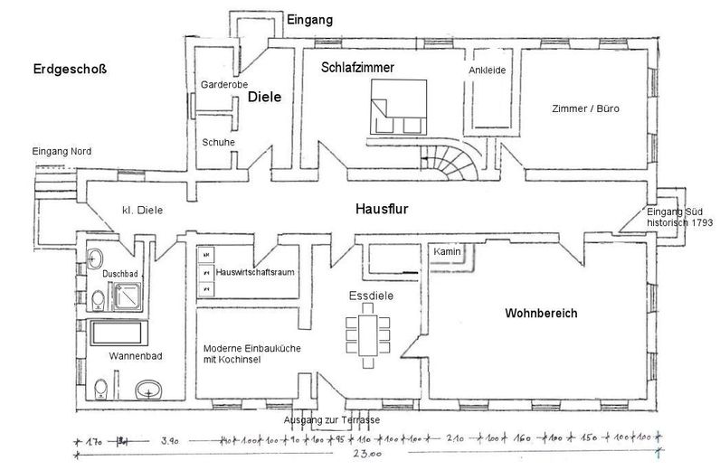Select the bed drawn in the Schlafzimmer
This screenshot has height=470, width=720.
click(x=397, y=106)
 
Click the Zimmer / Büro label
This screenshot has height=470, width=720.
click(x=585, y=109)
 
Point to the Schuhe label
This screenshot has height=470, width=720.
click(x=218, y=142)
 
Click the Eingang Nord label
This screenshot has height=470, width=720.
click(x=61, y=150)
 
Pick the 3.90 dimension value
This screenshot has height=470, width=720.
click(x=169, y=441)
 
